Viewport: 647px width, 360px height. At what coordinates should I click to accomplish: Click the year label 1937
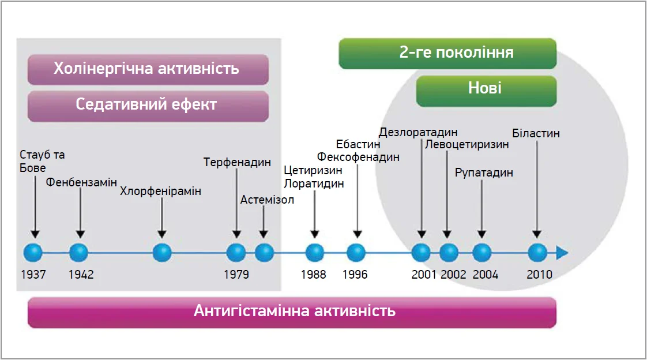(33, 275)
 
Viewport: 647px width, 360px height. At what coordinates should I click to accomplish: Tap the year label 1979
(236, 275)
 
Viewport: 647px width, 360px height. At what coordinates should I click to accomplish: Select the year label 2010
(539, 275)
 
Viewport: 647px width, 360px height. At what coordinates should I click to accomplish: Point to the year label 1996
(355, 275)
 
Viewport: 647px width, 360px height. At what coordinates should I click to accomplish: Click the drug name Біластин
(536, 133)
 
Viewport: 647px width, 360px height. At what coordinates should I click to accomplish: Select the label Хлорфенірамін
(160, 191)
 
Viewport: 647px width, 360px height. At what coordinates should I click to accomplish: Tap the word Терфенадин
(237, 162)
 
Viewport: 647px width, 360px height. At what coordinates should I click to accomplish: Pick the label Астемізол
(267, 200)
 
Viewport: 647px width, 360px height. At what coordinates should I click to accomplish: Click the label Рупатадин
(484, 172)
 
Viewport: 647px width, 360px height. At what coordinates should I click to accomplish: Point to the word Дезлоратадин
(418, 132)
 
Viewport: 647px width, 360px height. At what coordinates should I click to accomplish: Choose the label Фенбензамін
(81, 182)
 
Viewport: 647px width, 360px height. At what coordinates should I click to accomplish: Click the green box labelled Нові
(487, 91)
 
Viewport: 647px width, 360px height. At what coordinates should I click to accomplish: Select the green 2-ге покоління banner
(447, 54)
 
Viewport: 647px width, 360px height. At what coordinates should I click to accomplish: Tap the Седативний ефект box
(148, 107)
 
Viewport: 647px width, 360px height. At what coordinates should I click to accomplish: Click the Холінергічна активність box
(148, 70)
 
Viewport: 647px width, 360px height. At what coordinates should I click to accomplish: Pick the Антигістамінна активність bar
(292, 313)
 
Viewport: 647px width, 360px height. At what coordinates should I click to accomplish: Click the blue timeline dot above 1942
(78, 253)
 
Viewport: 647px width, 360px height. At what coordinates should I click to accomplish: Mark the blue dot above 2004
(482, 253)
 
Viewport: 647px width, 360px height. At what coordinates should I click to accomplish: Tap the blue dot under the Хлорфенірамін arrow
(161, 253)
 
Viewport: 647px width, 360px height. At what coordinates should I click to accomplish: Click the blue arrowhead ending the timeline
(562, 253)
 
